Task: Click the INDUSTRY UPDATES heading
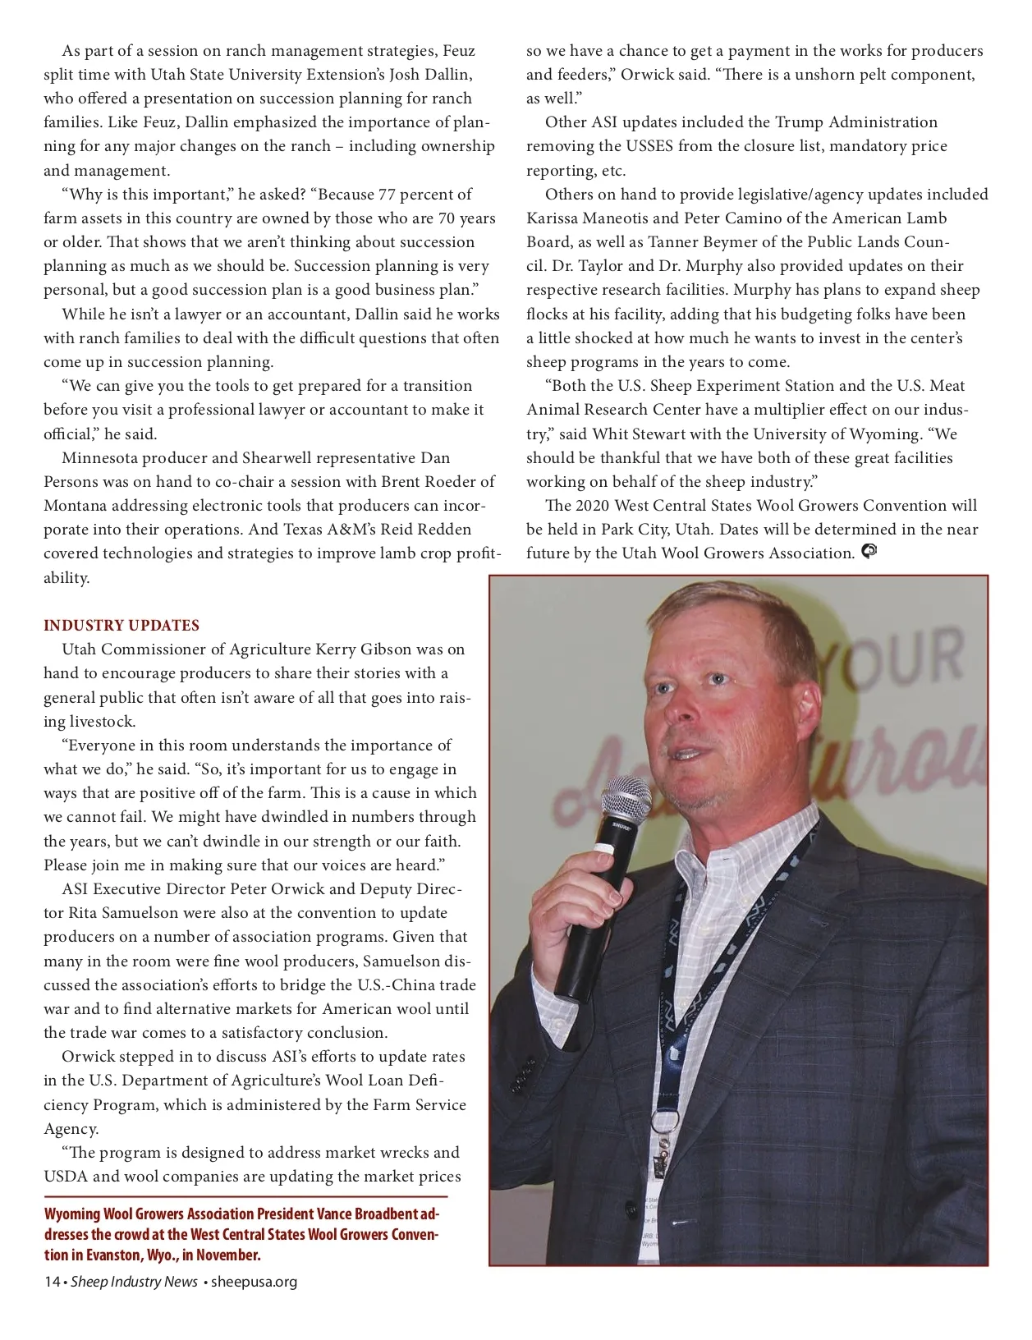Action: (122, 626)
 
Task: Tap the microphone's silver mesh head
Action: (626, 797)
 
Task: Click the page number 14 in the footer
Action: (52, 1282)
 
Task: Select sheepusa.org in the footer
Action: (254, 1282)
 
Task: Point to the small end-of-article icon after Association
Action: (869, 552)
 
